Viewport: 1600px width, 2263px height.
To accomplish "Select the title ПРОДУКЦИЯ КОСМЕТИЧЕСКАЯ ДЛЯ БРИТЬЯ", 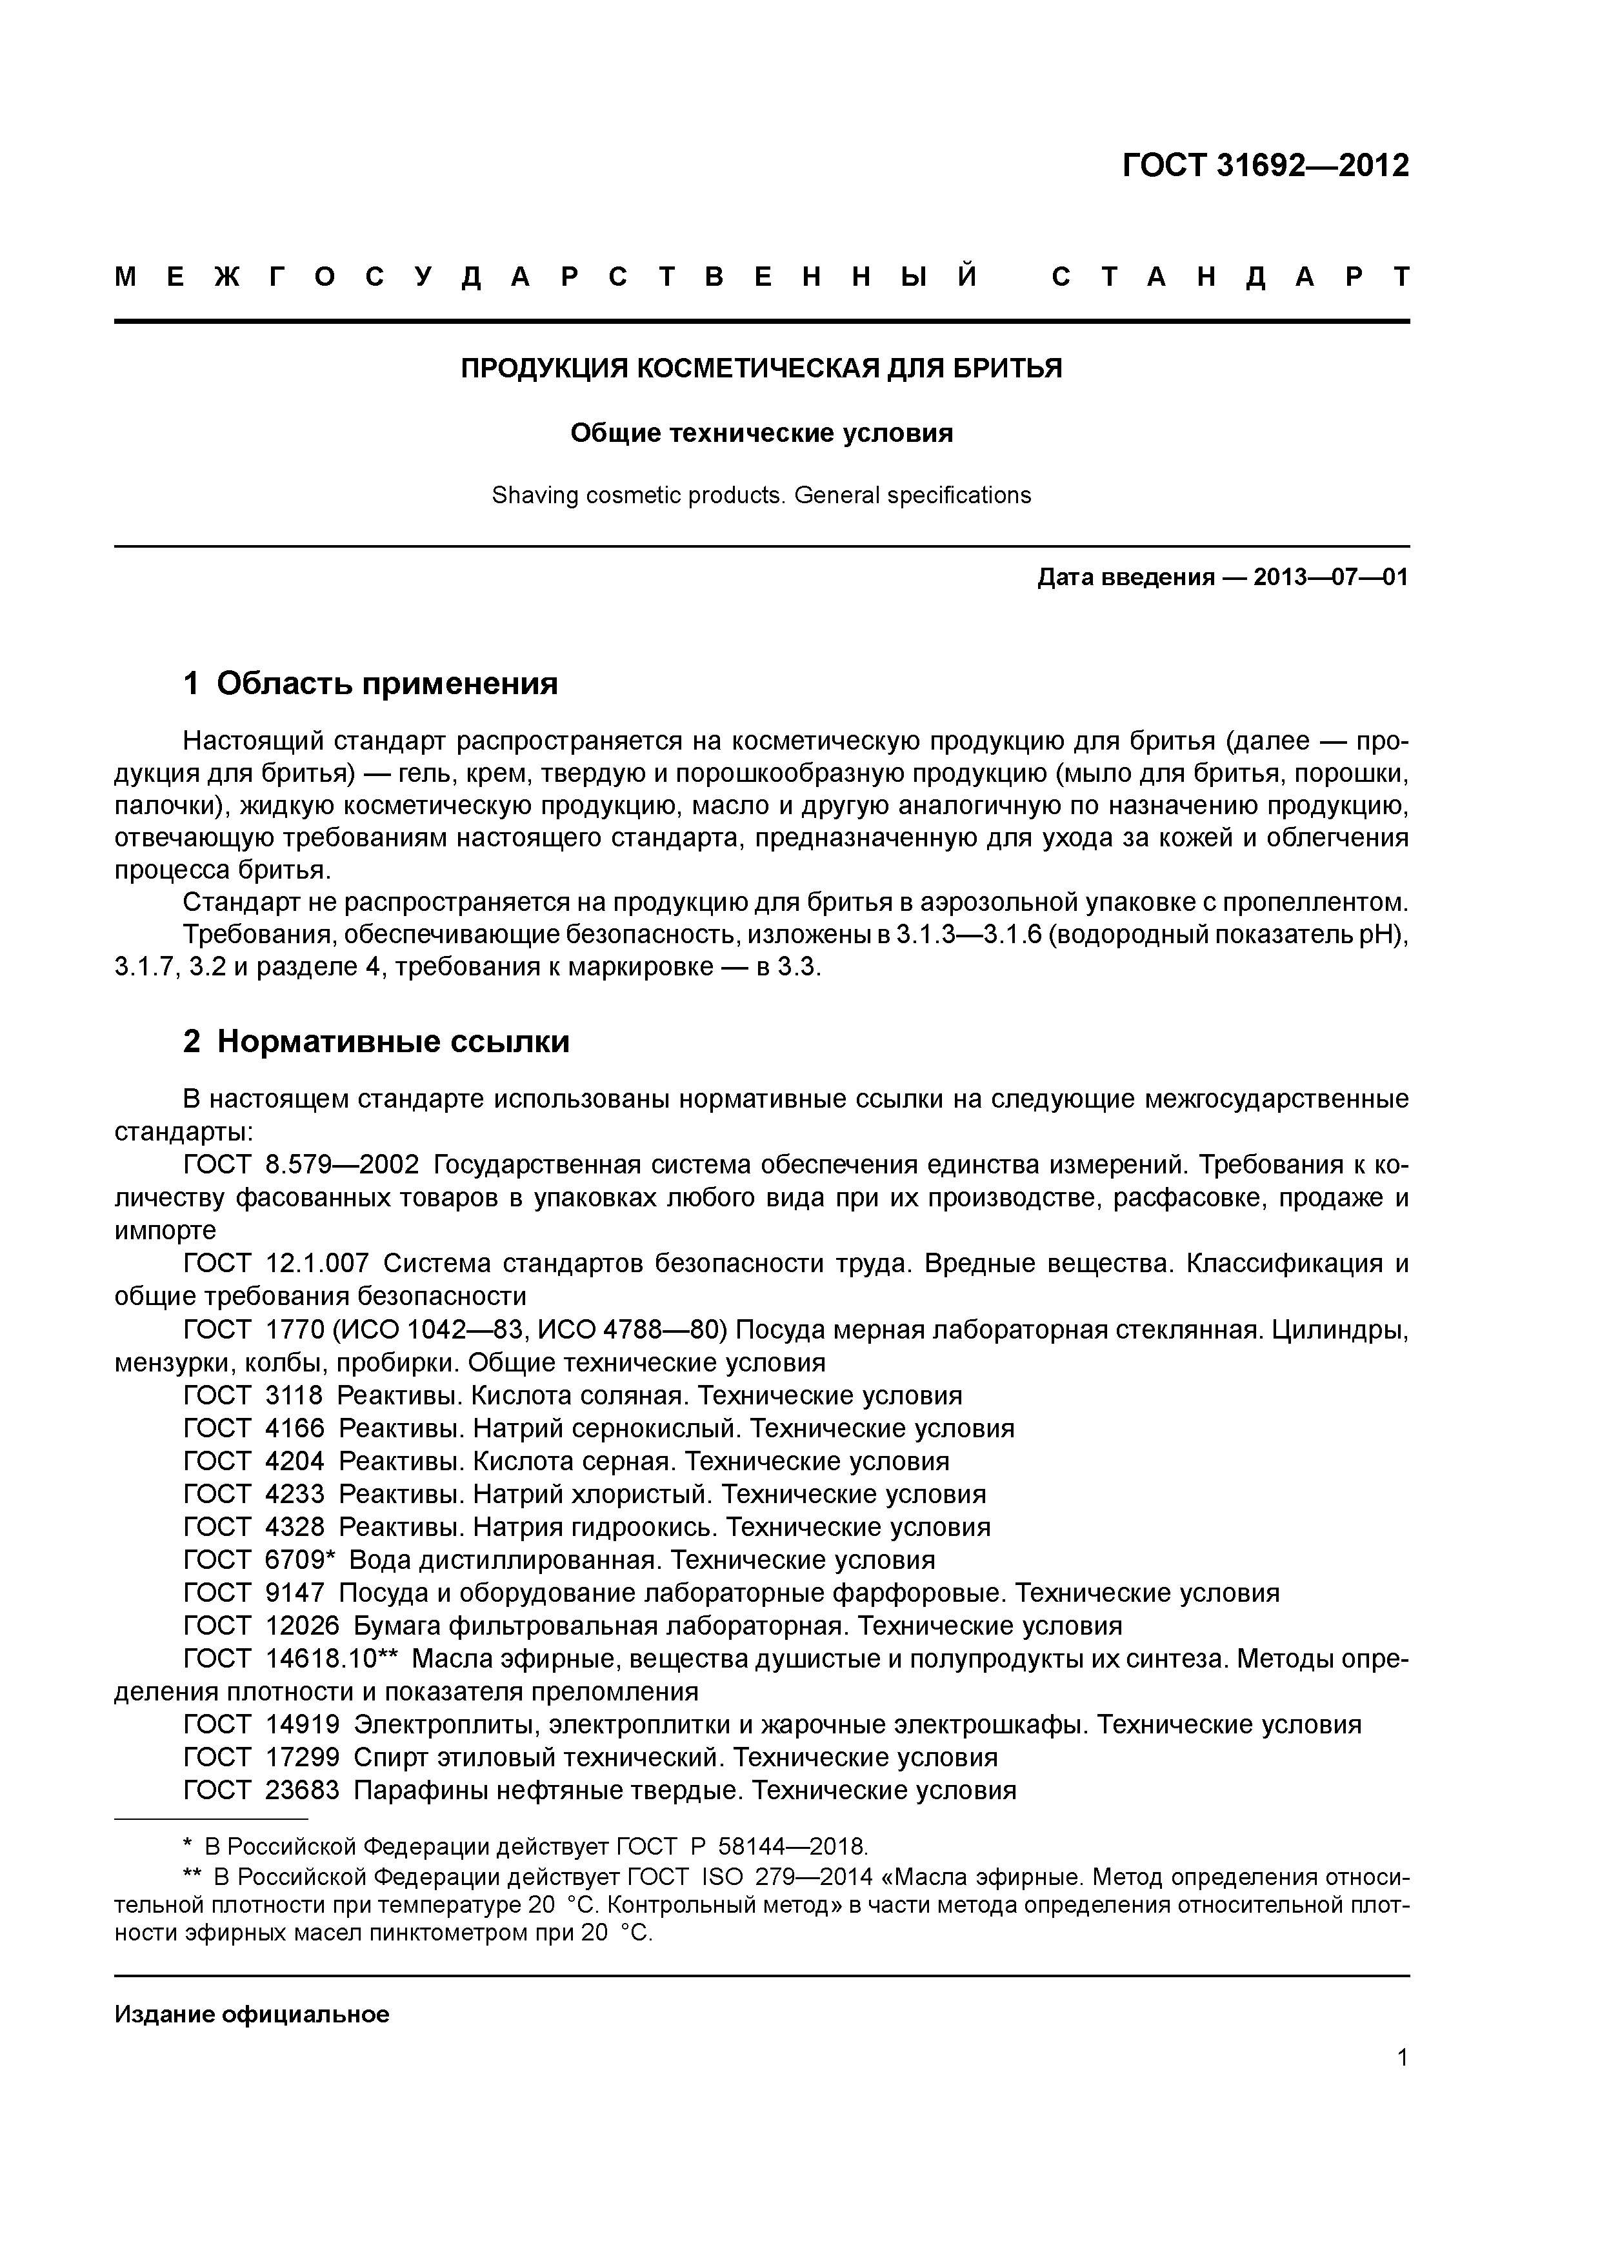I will pyautogui.click(x=761, y=368).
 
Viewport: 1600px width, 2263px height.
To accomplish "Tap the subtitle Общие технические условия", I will pyautogui.click(x=761, y=434).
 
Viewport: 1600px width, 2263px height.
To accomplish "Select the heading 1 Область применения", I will pyautogui.click(x=371, y=683).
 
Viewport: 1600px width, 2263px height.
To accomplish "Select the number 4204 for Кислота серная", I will pyautogui.click(x=295, y=1460).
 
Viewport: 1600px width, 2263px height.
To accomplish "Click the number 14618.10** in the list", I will pyautogui.click(x=331, y=1658).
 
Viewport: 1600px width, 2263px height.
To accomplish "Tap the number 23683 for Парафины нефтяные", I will pyautogui.click(x=302, y=1790).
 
